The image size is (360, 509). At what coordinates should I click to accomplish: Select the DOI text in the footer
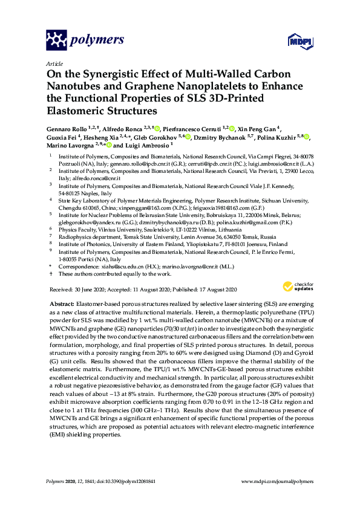pyautogui.click(x=113, y=481)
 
